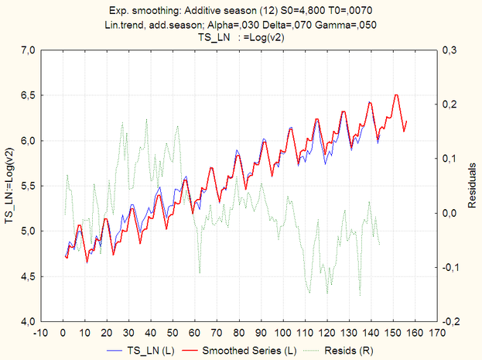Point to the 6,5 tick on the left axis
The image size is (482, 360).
coord(27,95)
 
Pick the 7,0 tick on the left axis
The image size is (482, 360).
coord(27,50)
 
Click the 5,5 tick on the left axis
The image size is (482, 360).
coord(27,186)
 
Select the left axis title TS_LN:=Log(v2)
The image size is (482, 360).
coord(10,186)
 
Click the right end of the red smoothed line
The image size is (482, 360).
coord(406,122)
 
